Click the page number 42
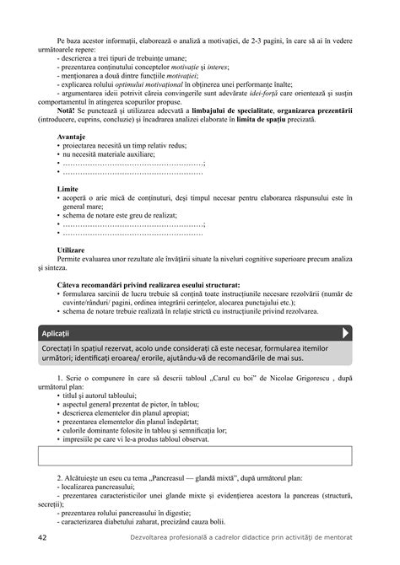click(x=42, y=538)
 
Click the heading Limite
click(x=68, y=189)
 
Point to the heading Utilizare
click(x=73, y=250)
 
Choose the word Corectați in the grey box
click(x=62, y=347)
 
